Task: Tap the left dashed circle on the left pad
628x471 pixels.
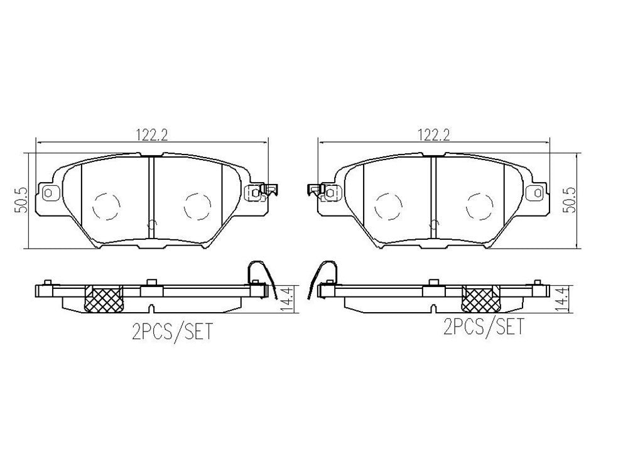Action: coord(106,205)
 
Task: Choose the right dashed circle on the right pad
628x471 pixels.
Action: coord(479,205)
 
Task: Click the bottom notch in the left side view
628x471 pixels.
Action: coord(152,308)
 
